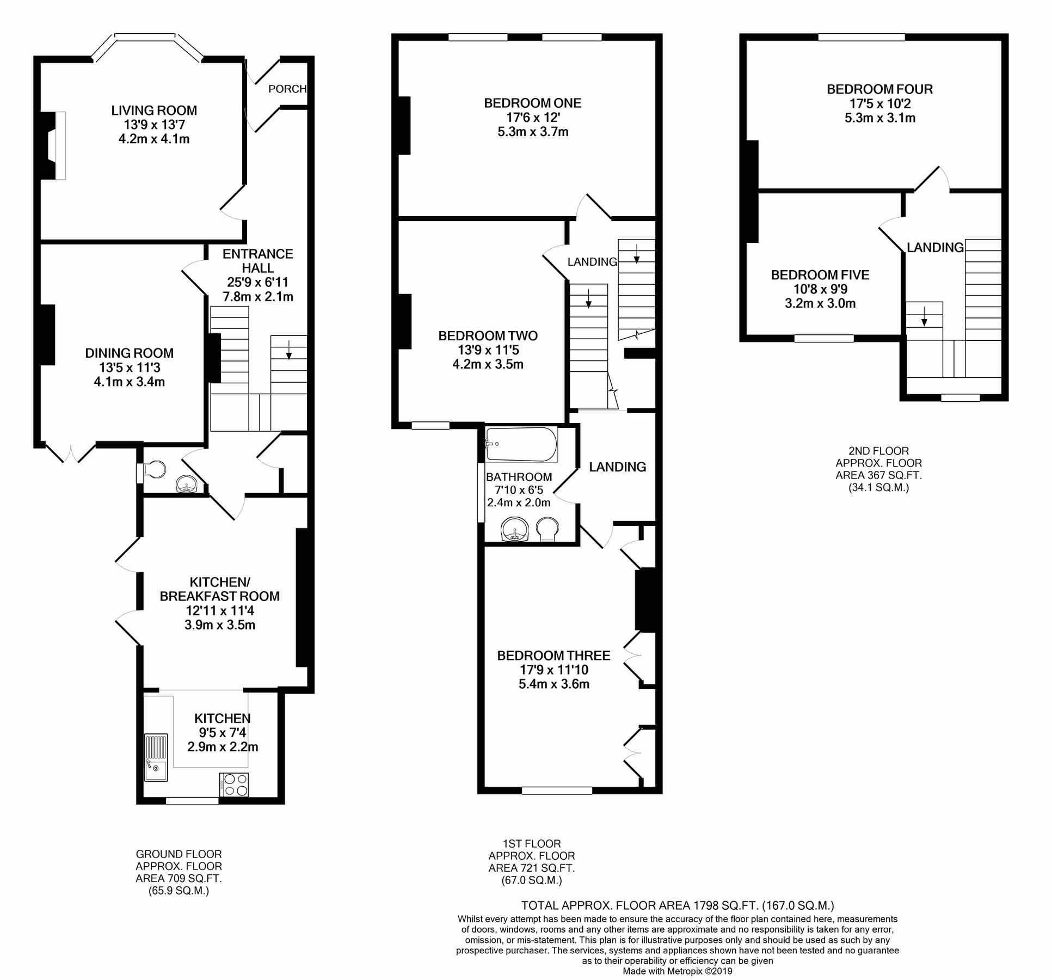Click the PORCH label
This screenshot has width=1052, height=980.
click(287, 89)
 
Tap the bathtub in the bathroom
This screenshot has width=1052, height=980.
click(521, 444)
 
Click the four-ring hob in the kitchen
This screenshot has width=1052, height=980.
click(235, 785)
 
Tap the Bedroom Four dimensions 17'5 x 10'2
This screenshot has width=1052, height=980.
click(879, 103)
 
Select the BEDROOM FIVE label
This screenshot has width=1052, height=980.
click(820, 275)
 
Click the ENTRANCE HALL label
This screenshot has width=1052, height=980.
click(258, 261)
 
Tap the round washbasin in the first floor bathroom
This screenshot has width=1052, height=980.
click(514, 530)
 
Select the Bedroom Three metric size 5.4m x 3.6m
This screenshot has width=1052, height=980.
click(553, 684)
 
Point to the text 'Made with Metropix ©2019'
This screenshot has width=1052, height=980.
click(678, 971)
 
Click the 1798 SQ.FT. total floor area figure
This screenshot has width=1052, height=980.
click(725, 905)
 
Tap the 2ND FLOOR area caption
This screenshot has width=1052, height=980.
click(878, 469)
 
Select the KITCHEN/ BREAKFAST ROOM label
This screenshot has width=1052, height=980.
click(219, 589)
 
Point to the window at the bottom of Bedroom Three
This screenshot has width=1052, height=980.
click(557, 789)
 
